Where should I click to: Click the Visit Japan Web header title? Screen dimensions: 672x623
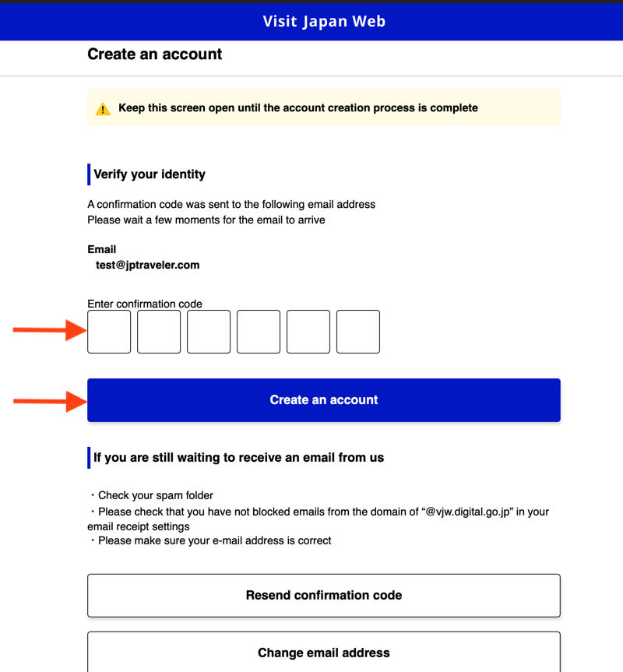(x=324, y=21)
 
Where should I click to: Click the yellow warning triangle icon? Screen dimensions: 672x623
(x=103, y=109)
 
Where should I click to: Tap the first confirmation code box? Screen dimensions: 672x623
(x=109, y=332)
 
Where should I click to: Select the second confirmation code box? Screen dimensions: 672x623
(x=159, y=332)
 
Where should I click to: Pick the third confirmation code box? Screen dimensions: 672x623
(x=209, y=332)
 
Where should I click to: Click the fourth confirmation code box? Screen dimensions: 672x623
(x=259, y=332)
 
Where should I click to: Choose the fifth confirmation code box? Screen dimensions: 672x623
(x=308, y=332)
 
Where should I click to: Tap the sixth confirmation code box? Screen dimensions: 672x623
(x=358, y=332)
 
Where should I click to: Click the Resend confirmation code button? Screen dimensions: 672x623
(x=324, y=596)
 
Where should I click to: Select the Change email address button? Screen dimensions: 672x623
(x=324, y=653)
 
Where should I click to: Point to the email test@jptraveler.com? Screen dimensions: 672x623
(x=148, y=265)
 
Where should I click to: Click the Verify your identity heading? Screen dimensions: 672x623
(x=150, y=174)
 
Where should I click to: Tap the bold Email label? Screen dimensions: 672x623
(x=102, y=249)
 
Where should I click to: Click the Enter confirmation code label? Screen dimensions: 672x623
(x=145, y=304)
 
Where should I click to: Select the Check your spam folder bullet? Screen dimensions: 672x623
(x=156, y=495)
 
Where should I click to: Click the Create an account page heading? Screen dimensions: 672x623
(x=155, y=55)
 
